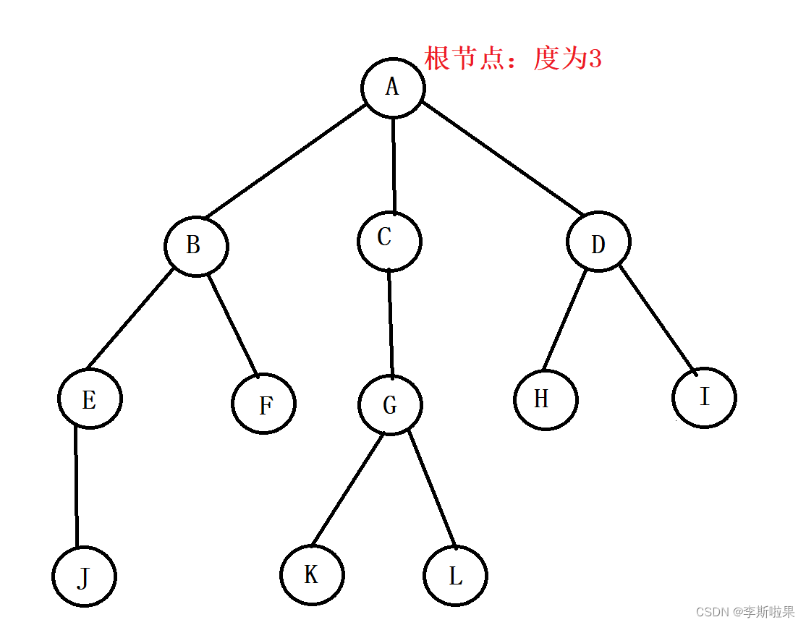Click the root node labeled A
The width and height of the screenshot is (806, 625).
(x=393, y=88)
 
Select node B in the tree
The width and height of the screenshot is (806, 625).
(x=196, y=246)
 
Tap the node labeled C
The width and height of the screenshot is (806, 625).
(x=389, y=240)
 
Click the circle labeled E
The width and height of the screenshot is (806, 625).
(x=90, y=399)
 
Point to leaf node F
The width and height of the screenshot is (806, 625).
(x=264, y=404)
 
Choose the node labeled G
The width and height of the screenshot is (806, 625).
(x=390, y=404)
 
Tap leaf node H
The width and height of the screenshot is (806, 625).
(x=546, y=399)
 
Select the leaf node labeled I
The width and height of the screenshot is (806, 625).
(x=704, y=397)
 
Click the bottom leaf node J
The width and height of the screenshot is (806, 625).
(x=84, y=577)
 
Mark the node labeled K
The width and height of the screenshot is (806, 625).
(x=312, y=575)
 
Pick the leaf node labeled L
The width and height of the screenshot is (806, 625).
(x=455, y=577)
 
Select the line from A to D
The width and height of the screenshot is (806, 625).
(x=503, y=159)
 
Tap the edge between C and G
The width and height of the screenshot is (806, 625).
(x=391, y=323)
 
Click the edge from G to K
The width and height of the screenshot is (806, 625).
(x=347, y=489)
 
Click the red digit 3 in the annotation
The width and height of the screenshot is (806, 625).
(x=595, y=59)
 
